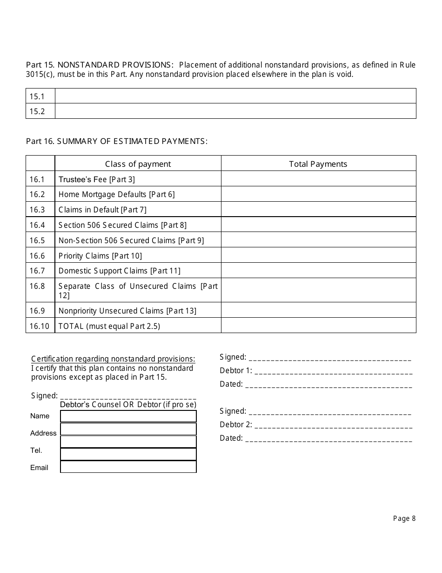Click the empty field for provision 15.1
point(235,96)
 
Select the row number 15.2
point(37,111)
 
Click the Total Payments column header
point(318,164)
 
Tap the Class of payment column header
point(138,164)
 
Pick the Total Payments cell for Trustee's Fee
point(318,179)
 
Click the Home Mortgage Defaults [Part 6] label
point(116,194)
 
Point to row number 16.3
point(37,210)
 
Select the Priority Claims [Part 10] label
point(100,256)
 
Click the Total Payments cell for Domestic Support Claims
point(318,271)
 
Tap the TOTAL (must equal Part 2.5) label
point(109,326)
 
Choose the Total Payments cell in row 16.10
point(318,326)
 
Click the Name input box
point(128,416)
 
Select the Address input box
point(128,429)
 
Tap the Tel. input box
point(128,454)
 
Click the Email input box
point(128,467)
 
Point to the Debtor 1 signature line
point(333,372)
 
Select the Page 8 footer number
point(404,518)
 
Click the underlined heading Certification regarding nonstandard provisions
point(113,359)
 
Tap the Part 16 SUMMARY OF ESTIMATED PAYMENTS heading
point(116,141)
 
